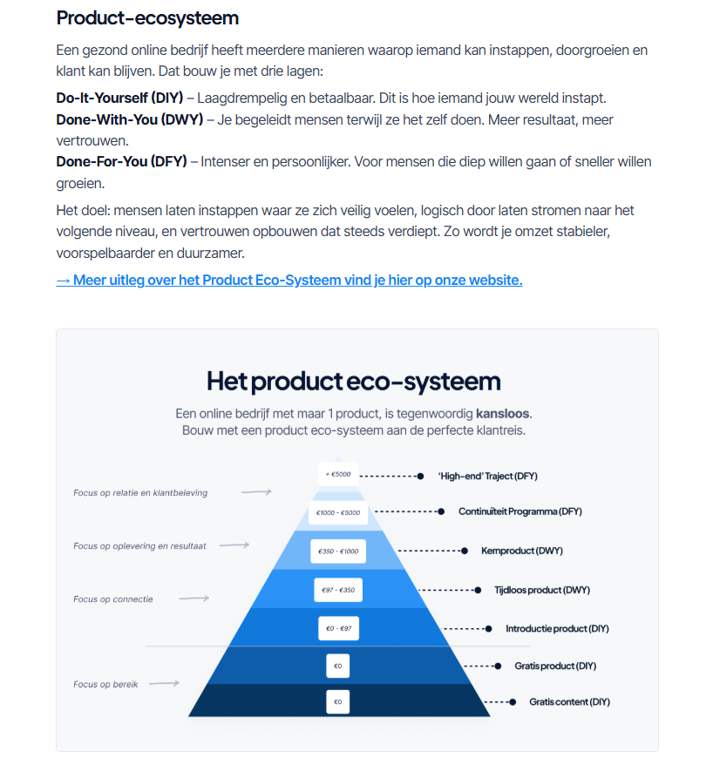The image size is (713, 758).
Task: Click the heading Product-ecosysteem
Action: [147, 18]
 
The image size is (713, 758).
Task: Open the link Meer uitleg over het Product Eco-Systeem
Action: [289, 280]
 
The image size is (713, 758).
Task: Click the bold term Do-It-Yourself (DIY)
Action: [119, 98]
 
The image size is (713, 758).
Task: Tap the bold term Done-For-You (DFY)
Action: [121, 161]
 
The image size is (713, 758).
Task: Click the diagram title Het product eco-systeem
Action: [353, 381]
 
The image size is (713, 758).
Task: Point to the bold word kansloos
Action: [503, 413]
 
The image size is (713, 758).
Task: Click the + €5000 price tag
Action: [338, 475]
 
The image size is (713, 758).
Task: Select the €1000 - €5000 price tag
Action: [338, 512]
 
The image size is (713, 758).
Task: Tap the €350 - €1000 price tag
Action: [338, 552]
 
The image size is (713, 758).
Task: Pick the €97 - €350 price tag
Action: [338, 590]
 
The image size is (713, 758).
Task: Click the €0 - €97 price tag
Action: [338, 628]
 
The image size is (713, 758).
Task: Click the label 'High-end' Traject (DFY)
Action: [487, 476]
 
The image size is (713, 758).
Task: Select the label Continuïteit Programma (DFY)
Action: [520, 511]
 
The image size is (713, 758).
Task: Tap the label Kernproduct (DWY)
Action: [522, 551]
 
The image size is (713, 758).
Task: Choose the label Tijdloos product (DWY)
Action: [542, 590]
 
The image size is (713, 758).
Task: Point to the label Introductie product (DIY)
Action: [557, 628]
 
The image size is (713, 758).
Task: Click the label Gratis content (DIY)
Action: [568, 701]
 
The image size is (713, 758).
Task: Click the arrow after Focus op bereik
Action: [164, 684]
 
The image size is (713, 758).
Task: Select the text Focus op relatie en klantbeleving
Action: [140, 492]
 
